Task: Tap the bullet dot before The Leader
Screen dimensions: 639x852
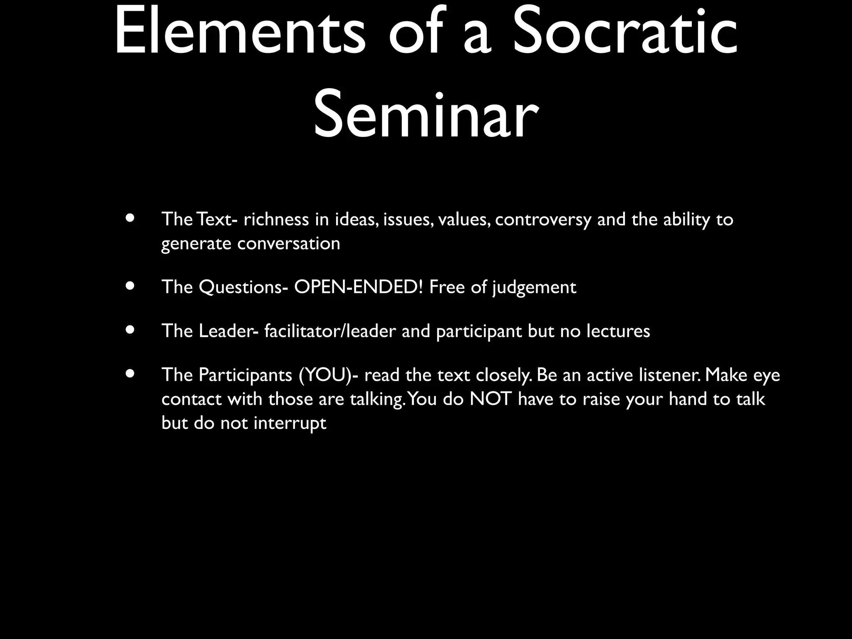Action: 131,330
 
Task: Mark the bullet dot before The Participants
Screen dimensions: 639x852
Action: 131,374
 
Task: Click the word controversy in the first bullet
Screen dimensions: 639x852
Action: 542,220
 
